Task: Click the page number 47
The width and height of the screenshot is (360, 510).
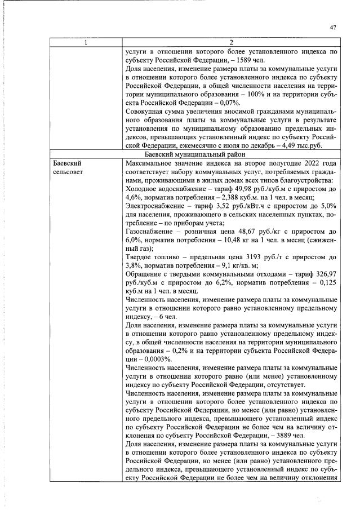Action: [332, 27]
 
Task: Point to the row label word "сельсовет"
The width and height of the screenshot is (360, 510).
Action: [68, 170]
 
